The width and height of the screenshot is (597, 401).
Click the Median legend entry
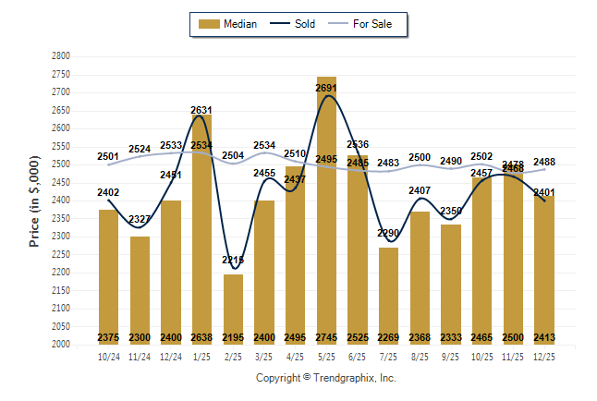tap(229, 24)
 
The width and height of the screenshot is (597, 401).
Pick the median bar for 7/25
tap(389, 296)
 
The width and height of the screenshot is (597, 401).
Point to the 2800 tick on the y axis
tap(60, 56)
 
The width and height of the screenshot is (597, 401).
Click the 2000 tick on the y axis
tap(60, 345)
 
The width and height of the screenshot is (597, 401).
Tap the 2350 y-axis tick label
tap(60, 219)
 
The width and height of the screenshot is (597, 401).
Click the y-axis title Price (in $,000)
tap(36, 200)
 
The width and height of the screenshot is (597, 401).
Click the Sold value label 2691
tap(326, 89)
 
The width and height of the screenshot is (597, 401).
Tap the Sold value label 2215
tap(233, 261)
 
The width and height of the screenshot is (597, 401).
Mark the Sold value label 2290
tap(389, 234)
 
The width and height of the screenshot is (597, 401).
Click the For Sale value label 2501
tap(109, 157)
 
